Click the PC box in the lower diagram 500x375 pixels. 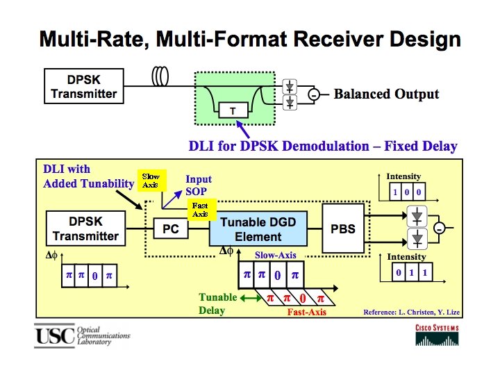(171, 228)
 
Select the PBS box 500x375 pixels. (343, 228)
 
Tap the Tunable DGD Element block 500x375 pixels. (258, 228)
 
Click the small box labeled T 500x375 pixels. (233, 110)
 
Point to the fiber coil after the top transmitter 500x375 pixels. (160, 76)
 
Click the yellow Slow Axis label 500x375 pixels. (152, 181)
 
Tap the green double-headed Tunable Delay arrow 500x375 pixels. (251, 298)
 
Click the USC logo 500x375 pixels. (55, 335)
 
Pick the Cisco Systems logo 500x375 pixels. (437, 335)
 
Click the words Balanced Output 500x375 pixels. (386, 94)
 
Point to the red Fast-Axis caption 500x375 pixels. (307, 312)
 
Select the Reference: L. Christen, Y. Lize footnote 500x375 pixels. (411, 312)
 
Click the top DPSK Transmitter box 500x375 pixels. (84, 86)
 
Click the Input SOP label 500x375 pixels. (199, 185)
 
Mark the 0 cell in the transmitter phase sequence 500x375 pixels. (95, 276)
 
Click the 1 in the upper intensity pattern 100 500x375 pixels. (395, 192)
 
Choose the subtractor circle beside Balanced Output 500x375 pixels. (314, 94)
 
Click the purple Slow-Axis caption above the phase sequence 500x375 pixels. (276, 255)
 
